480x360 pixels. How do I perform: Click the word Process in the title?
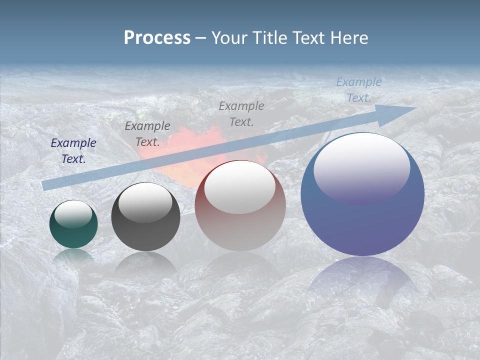(x=157, y=38)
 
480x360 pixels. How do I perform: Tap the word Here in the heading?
(x=350, y=38)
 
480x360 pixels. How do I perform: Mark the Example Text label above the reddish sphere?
(x=241, y=113)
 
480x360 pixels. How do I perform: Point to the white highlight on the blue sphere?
(x=361, y=167)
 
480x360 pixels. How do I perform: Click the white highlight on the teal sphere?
(x=73, y=214)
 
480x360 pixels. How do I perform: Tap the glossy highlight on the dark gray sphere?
(x=145, y=202)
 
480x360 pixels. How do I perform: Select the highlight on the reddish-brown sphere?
(x=240, y=187)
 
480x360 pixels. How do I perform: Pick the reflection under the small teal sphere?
(x=73, y=256)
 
